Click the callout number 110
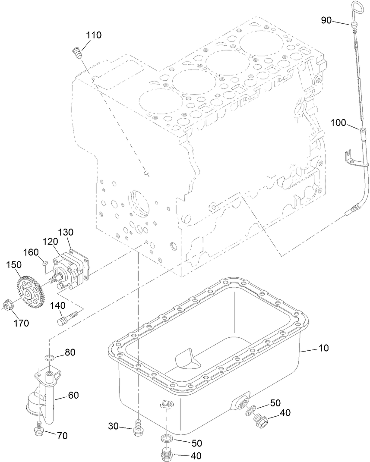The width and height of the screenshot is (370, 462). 94,35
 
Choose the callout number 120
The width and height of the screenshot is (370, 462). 51,240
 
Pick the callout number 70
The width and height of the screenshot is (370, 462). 62,436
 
